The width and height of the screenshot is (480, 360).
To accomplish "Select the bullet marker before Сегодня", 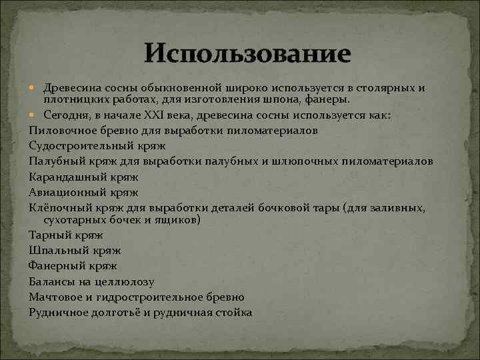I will pyautogui.click(x=33, y=115).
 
